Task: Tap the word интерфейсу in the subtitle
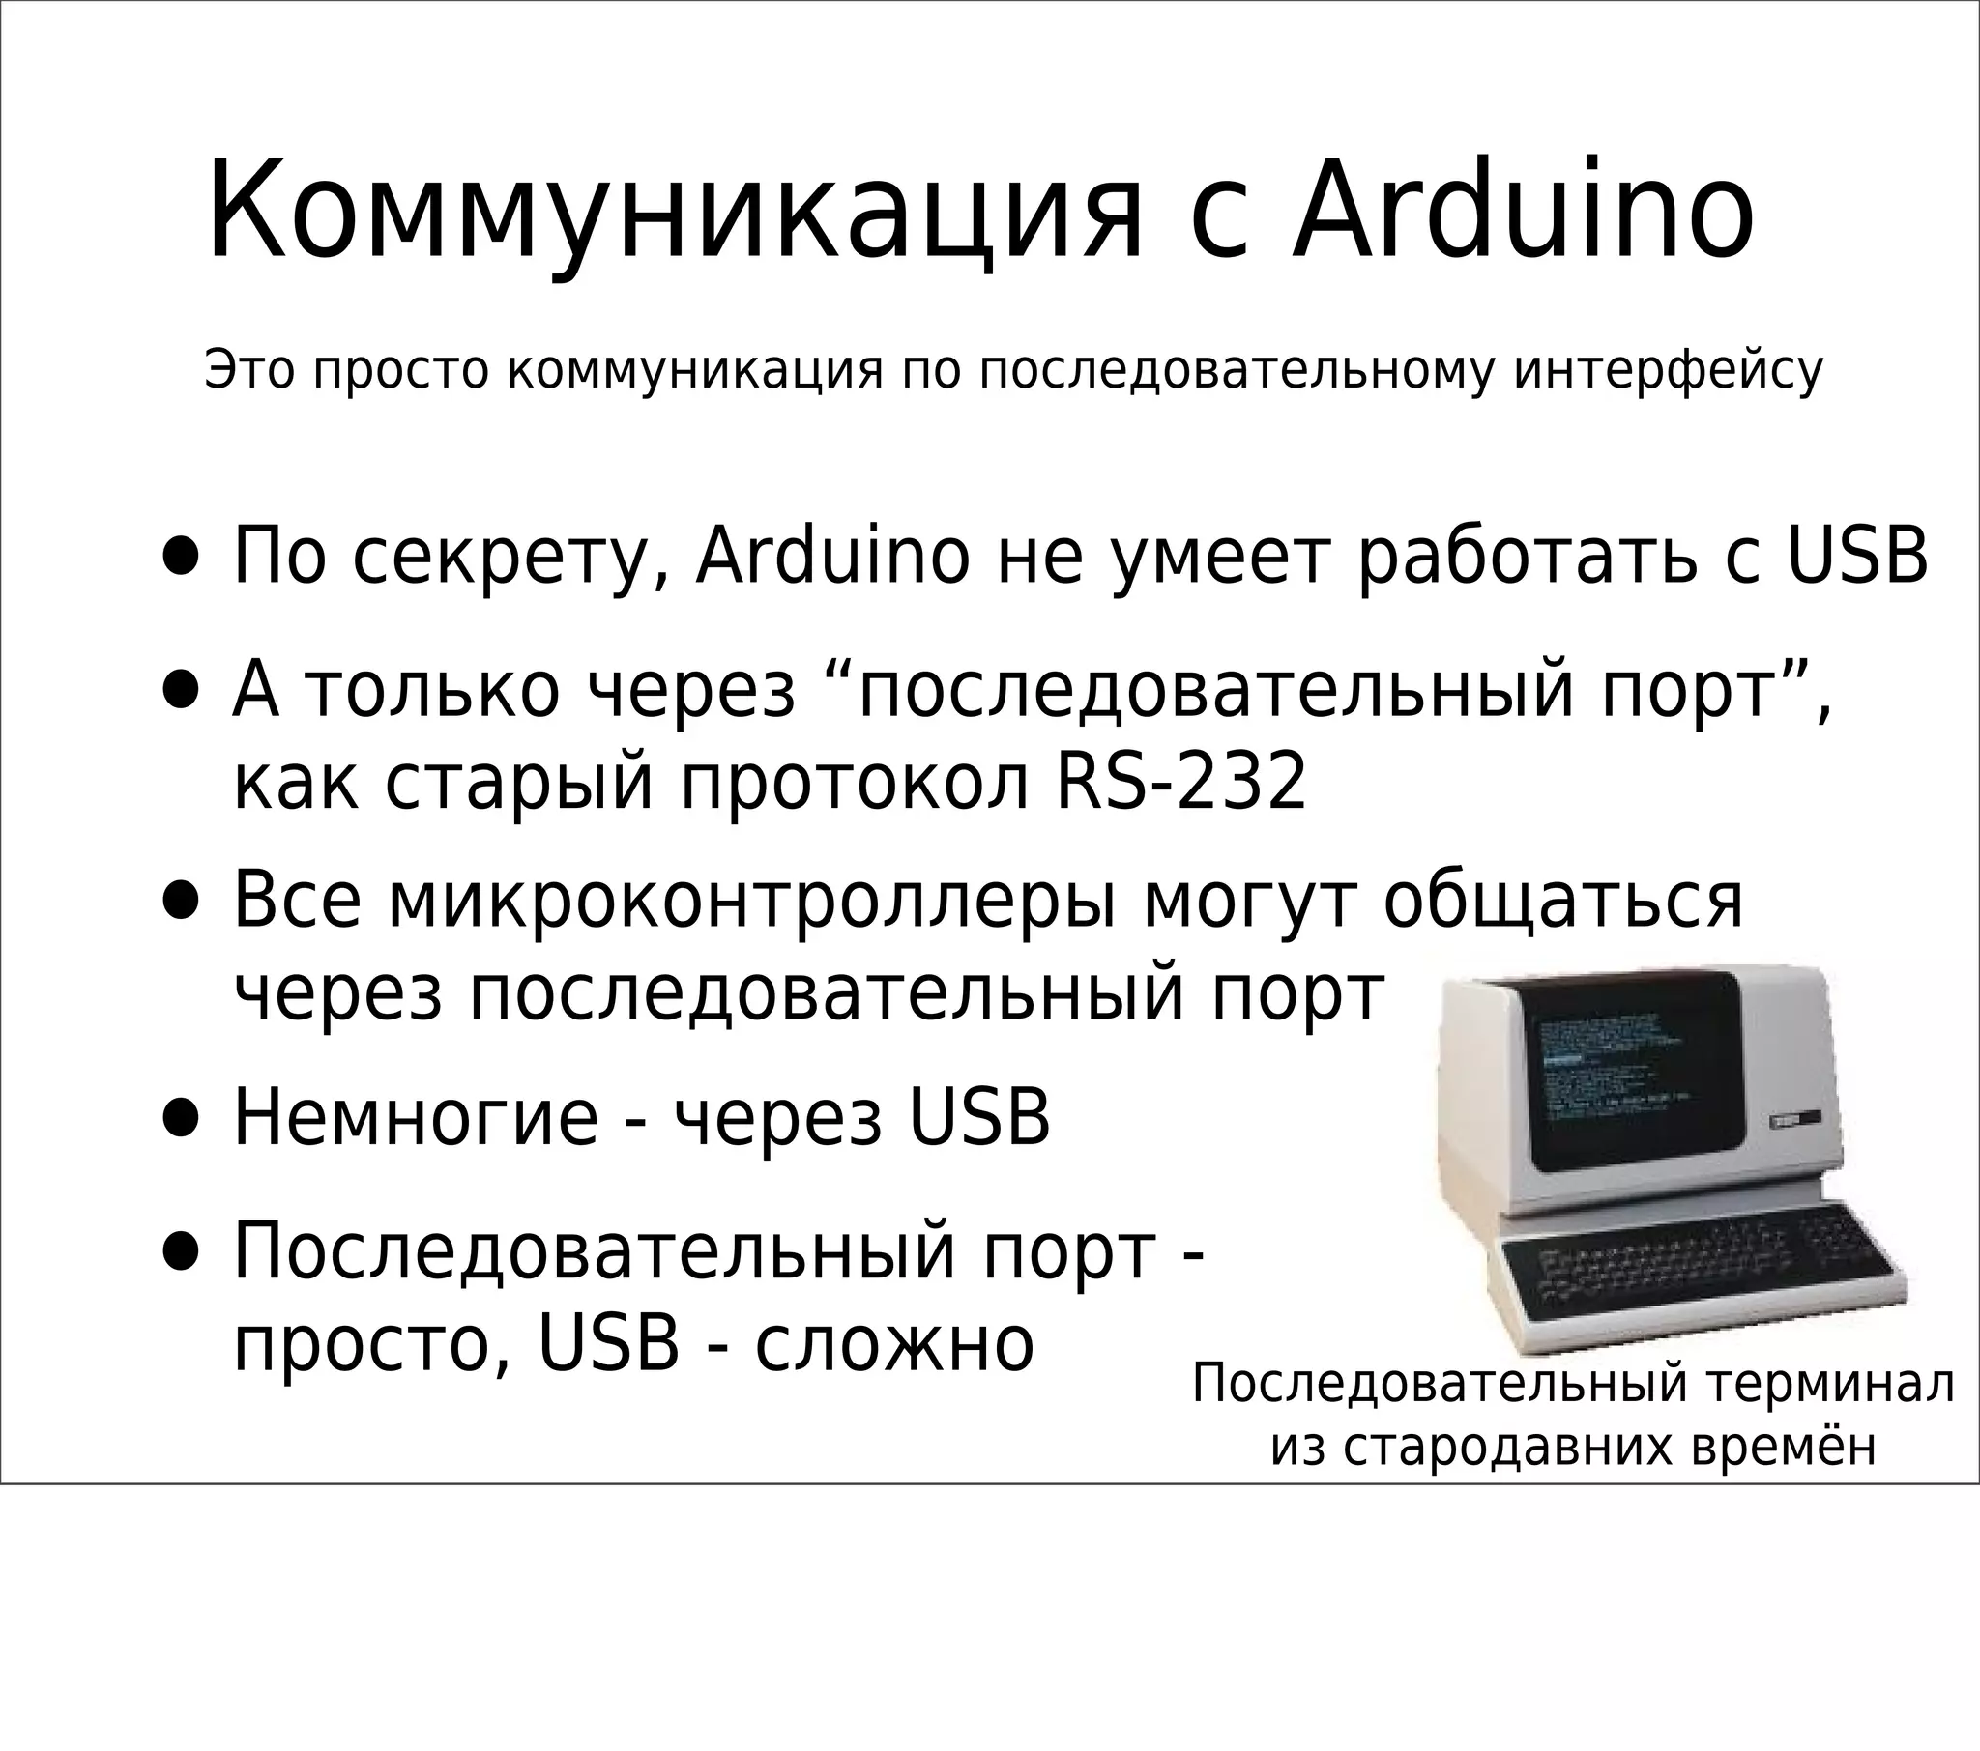click(1668, 370)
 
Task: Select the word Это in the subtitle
click(249, 370)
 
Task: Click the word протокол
click(855, 785)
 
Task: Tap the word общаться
click(1562, 901)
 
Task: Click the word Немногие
click(417, 1119)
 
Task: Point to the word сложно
click(894, 1344)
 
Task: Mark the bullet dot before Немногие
click(181, 1120)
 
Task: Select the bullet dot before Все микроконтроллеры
click(181, 901)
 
